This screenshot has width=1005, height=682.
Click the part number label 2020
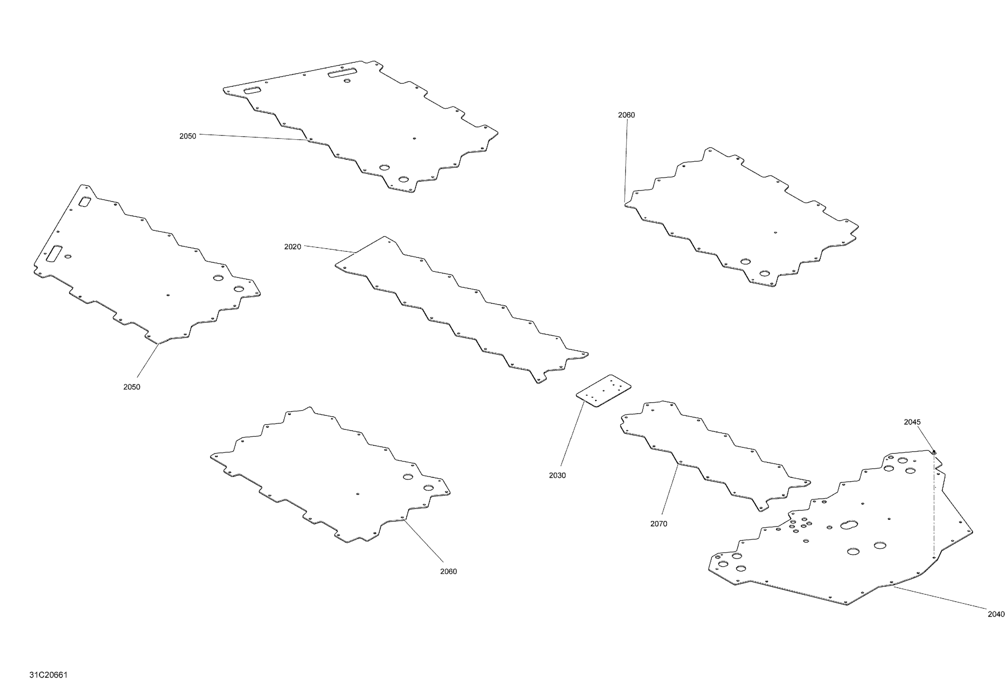pos(292,247)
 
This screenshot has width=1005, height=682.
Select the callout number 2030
pos(557,475)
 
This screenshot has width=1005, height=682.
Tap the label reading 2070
pos(659,524)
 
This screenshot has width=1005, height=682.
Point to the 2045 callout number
pos(912,422)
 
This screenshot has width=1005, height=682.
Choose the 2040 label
pos(996,614)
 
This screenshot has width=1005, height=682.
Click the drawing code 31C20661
pos(49,675)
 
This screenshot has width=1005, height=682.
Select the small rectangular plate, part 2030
pos(603,391)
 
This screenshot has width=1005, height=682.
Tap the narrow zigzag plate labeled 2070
pos(715,456)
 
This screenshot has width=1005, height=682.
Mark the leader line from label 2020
pos(330,249)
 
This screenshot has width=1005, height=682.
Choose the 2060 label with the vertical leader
pos(626,115)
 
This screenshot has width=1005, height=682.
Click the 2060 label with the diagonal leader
pos(449,572)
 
